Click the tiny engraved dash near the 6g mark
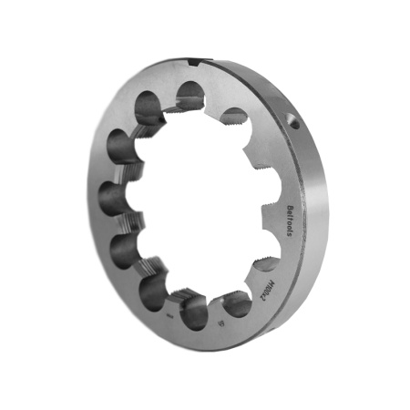171,314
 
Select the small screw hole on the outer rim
294,118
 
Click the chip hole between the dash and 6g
195,313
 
